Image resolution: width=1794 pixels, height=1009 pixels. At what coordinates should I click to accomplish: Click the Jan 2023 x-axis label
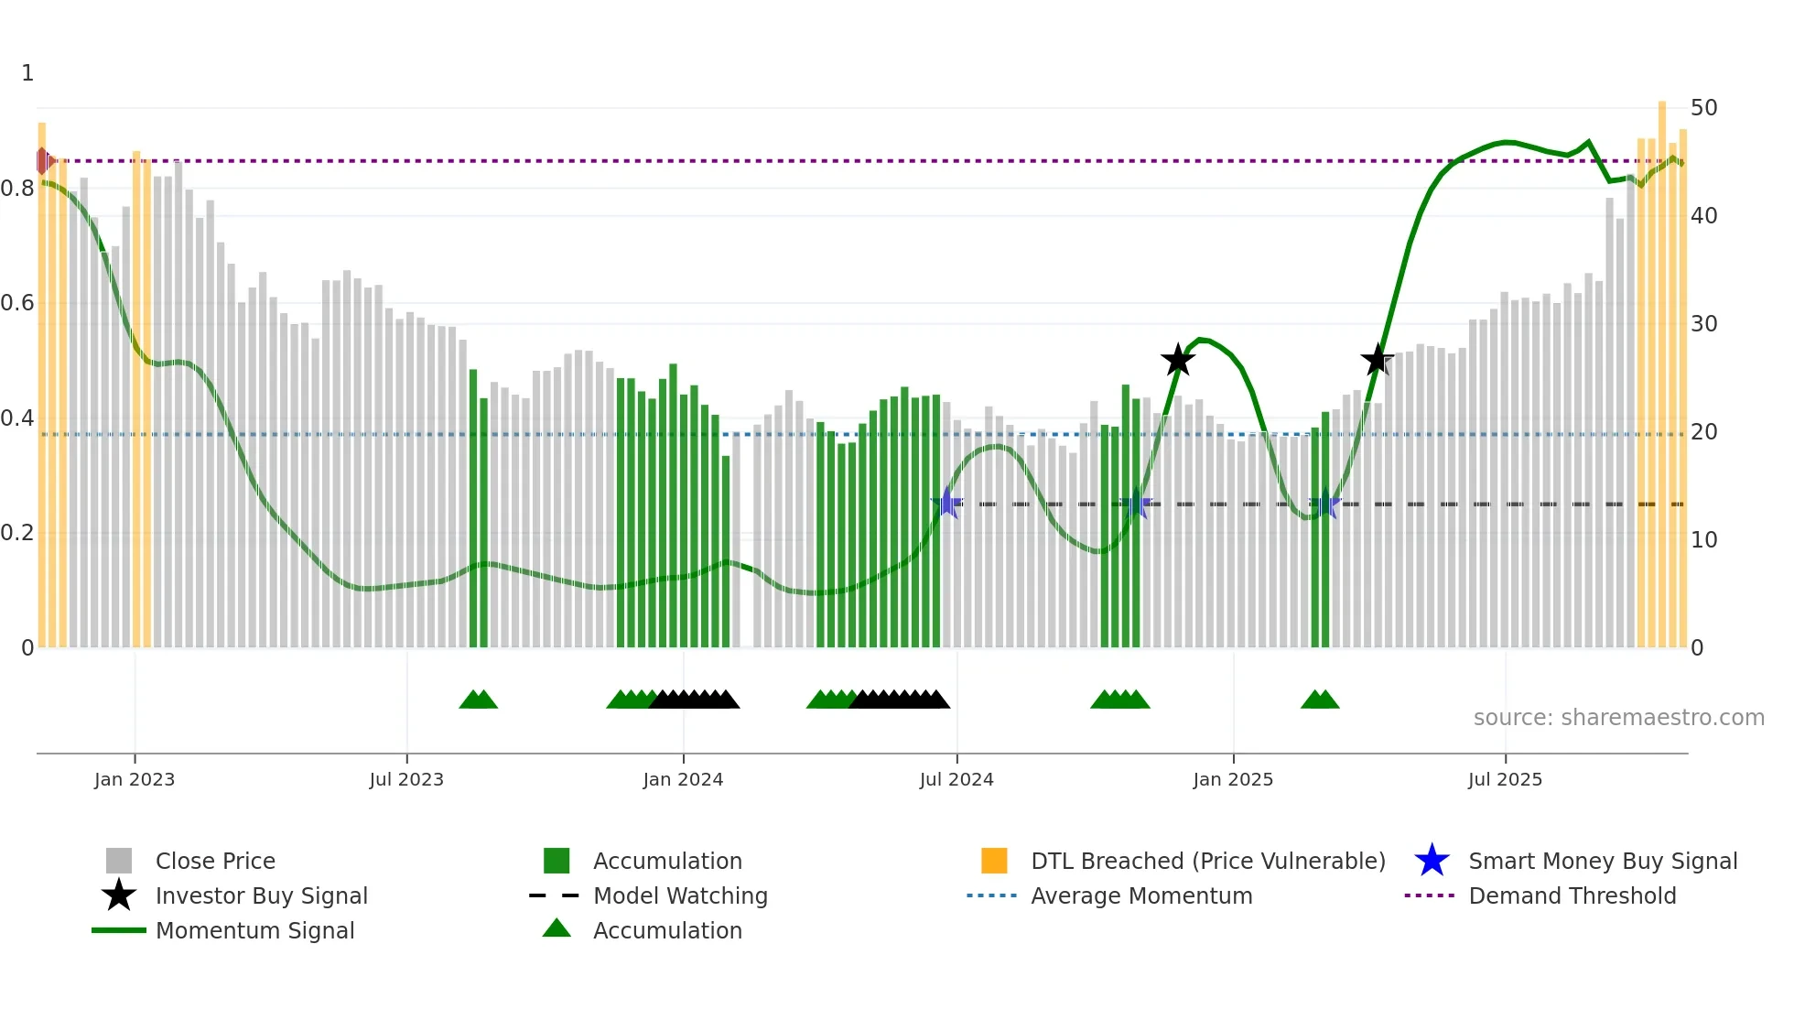[135, 779]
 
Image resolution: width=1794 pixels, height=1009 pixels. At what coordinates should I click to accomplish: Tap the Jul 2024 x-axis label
[956, 779]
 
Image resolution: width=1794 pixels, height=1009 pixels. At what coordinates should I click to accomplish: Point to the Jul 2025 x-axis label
[1505, 779]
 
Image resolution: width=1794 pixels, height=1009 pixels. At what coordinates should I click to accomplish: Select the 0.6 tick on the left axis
[17, 303]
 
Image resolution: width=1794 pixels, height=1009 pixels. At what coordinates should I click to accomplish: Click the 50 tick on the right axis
[1703, 108]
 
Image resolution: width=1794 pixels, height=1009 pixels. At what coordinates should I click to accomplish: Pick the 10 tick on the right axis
[1703, 540]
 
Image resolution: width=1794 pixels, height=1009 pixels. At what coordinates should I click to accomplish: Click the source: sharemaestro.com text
[1618, 718]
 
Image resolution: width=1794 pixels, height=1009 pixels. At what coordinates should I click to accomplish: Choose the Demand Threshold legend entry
[1572, 895]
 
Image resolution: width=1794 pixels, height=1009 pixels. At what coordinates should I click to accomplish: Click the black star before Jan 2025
[1178, 360]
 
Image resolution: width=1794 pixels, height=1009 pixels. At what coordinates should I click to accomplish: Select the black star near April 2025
[1377, 360]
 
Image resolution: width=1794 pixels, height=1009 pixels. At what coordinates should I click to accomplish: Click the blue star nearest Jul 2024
[947, 504]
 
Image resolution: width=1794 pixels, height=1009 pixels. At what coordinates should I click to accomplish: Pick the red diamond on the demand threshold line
[42, 161]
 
